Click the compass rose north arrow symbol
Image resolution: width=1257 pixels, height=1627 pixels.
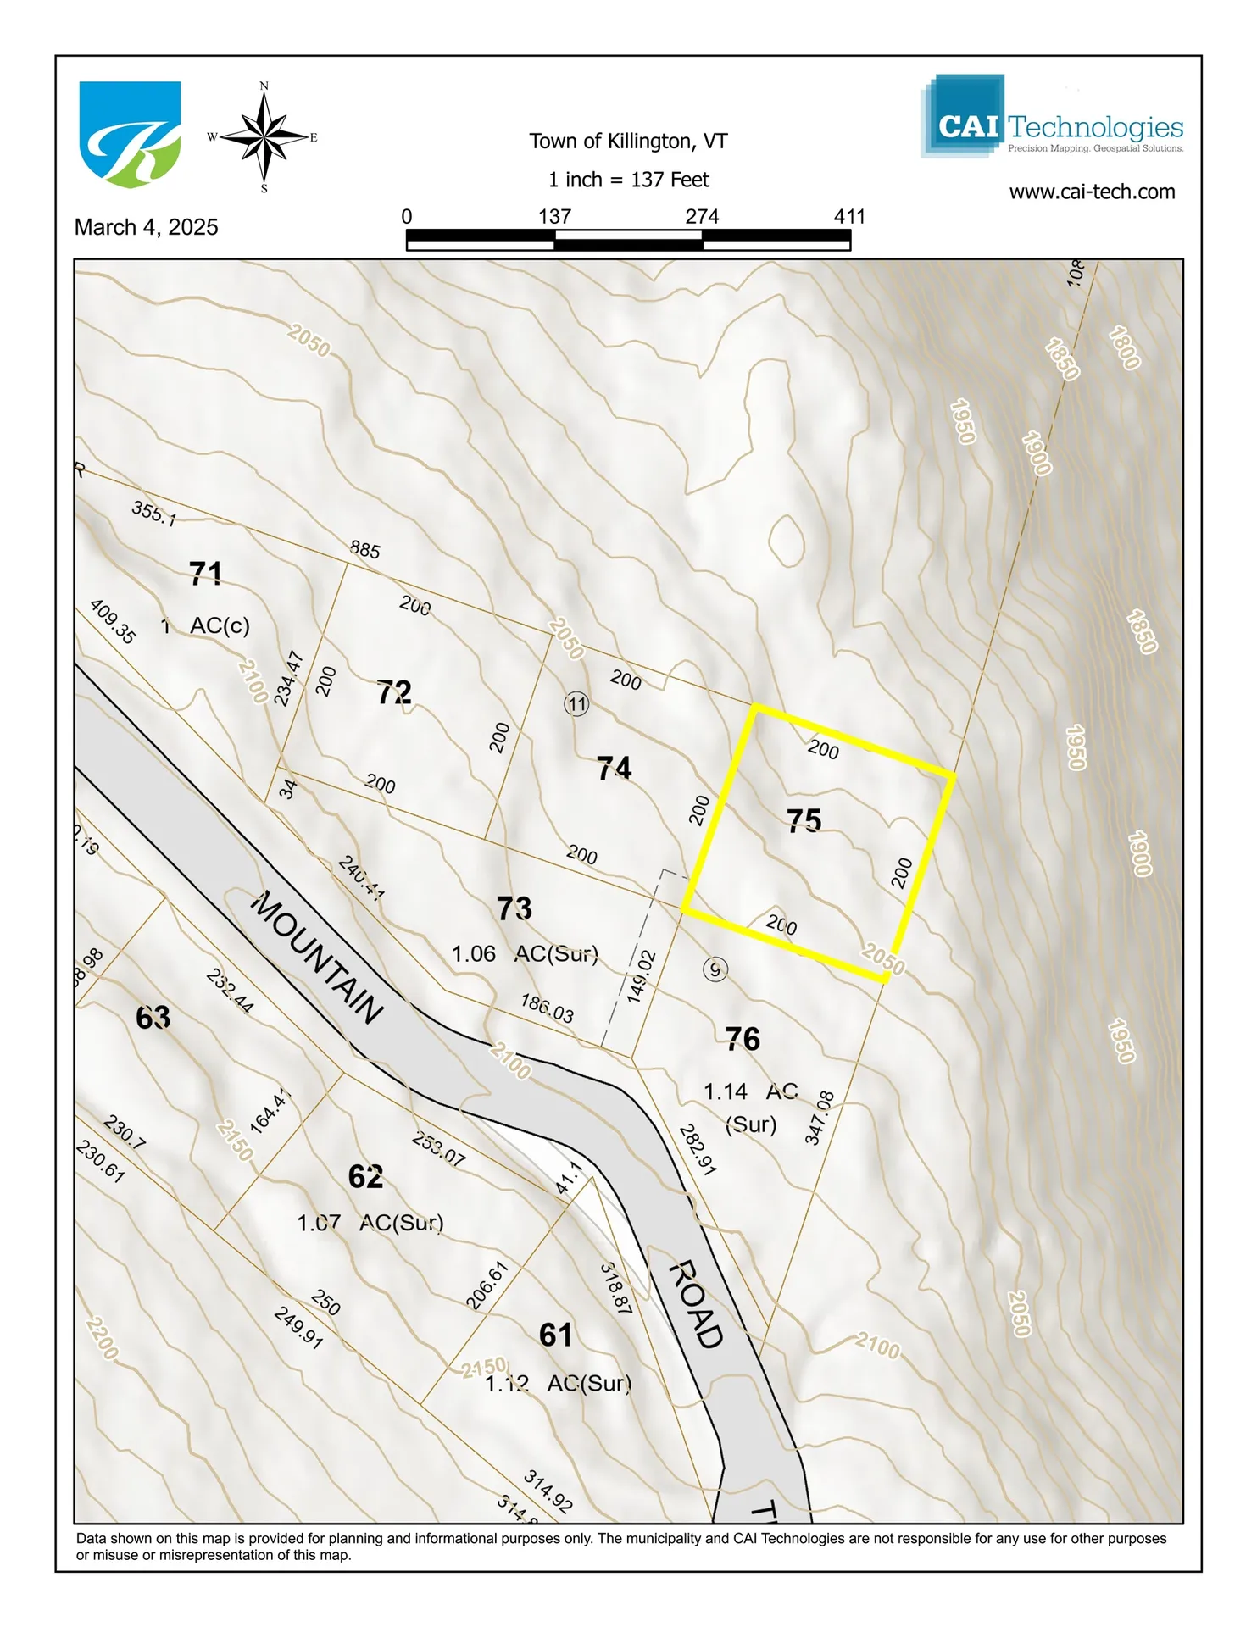tap(264, 136)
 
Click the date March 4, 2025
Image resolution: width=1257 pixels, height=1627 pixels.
tap(146, 227)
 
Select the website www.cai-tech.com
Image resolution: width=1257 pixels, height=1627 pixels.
tap(1092, 192)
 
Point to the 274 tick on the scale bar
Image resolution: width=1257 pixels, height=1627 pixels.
tap(702, 217)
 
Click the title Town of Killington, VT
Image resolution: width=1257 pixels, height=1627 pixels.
tap(628, 141)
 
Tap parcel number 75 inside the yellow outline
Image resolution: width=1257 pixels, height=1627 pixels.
tap(804, 820)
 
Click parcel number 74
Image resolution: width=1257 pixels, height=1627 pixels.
tap(614, 769)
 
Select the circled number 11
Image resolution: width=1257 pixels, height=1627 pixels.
tap(576, 703)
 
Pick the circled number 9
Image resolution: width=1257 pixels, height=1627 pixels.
tap(715, 969)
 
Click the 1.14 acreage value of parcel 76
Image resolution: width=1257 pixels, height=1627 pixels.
tap(726, 1091)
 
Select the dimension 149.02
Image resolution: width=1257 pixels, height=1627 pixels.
tap(642, 977)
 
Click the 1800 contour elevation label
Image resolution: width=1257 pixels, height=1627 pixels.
tap(1124, 347)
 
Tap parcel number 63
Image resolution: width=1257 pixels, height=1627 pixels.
tap(153, 1017)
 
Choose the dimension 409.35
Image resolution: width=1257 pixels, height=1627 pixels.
tap(112, 622)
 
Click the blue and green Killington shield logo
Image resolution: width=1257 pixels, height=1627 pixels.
tap(130, 134)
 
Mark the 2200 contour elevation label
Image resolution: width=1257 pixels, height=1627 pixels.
tap(102, 1337)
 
